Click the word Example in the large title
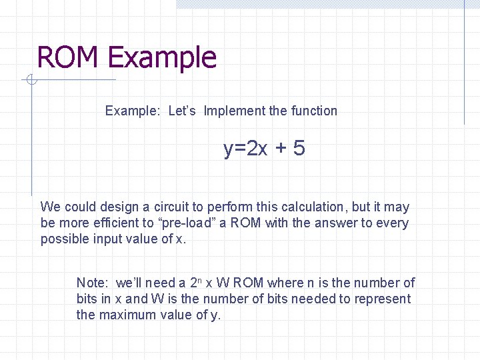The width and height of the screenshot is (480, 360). (x=162, y=58)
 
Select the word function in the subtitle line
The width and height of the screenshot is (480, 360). (x=314, y=111)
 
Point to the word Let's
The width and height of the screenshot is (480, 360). (x=182, y=111)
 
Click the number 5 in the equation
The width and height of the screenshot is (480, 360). (x=299, y=149)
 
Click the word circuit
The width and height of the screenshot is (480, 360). (x=173, y=207)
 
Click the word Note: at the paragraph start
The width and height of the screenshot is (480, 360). (x=93, y=283)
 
